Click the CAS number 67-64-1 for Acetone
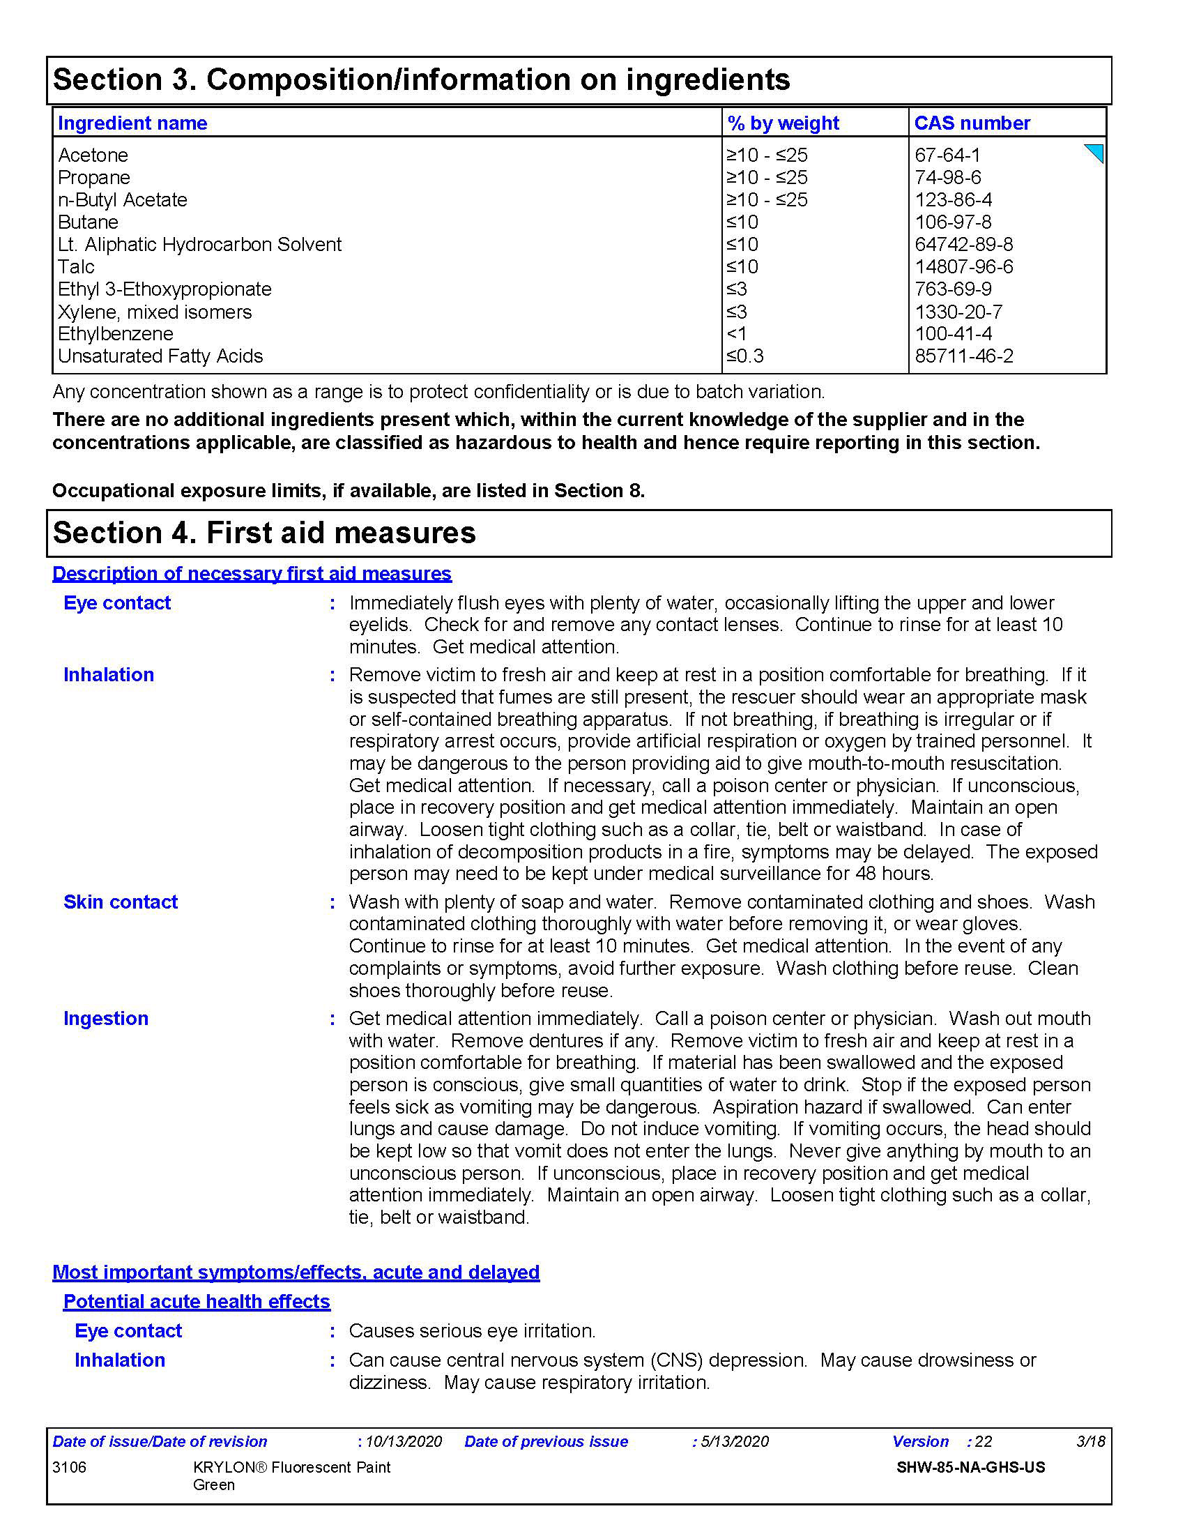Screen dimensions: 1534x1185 click(947, 155)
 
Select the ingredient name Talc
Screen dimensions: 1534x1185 click(76, 267)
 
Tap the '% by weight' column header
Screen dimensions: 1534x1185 click(783, 123)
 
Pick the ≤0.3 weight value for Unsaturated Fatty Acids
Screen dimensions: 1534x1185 click(745, 356)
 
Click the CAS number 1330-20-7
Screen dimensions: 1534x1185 click(958, 312)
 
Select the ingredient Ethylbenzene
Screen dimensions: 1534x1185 click(115, 333)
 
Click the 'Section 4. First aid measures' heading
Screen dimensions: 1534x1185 click(264, 533)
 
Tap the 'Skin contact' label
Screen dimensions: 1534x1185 click(120, 902)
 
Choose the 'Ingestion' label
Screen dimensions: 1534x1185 click(105, 1019)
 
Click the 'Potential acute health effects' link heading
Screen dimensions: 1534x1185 click(197, 1302)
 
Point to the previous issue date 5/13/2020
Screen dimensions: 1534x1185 click(734, 1441)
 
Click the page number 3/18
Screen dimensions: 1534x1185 click(1090, 1441)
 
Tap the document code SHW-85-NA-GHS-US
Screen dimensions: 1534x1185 click(970, 1467)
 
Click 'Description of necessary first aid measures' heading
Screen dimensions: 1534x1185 click(252, 574)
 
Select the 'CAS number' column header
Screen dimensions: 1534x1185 click(972, 123)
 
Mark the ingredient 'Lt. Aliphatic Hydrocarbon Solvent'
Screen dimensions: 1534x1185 click(199, 245)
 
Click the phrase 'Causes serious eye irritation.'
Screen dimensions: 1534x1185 click(472, 1331)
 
